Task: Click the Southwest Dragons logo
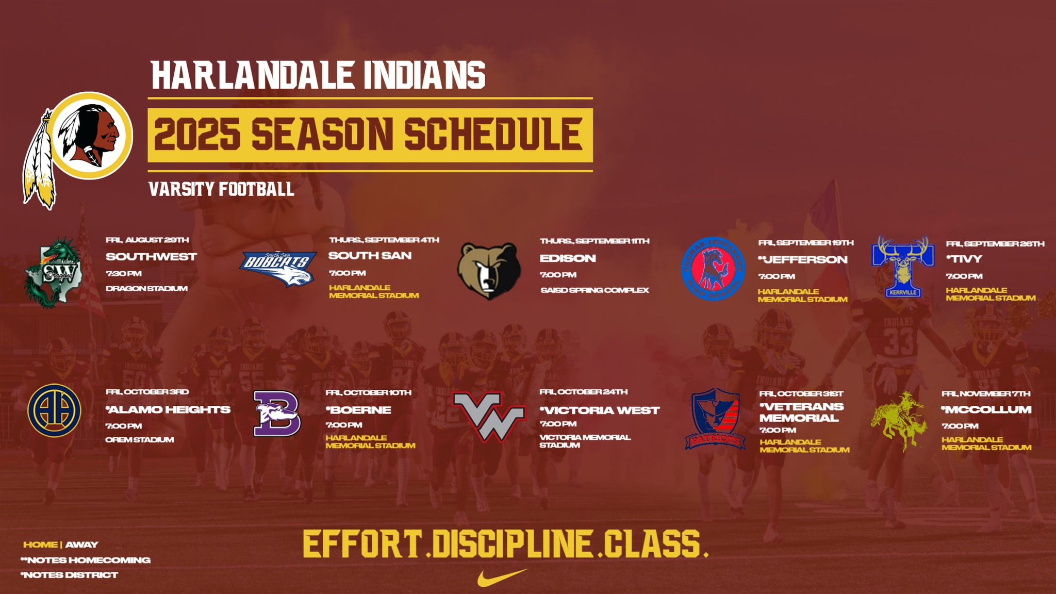point(53,273)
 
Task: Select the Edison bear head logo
point(489,271)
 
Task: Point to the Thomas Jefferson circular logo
point(713,269)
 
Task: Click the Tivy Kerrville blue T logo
point(903,267)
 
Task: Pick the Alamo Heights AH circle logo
point(54,410)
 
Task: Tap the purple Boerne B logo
point(277,414)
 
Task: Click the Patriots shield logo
point(715,419)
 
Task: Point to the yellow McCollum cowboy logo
point(899,421)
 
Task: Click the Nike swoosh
point(502,577)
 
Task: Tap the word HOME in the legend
point(40,544)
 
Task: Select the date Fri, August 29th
point(147,240)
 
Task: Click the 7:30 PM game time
point(124,273)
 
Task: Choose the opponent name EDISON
point(568,258)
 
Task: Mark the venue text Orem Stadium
point(140,440)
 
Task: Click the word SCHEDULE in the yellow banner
point(493,134)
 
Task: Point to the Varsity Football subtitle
point(222,189)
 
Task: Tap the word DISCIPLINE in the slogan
point(512,543)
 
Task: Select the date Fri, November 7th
point(986,393)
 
